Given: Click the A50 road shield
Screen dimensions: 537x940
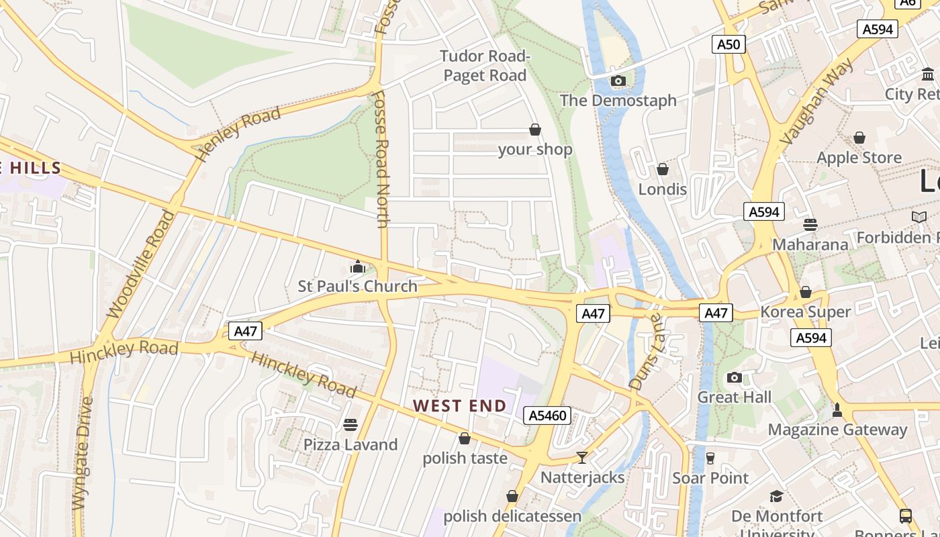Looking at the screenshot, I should coord(728,45).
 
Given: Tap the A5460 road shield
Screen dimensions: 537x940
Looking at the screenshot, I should coord(547,416).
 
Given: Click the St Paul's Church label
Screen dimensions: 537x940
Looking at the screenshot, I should coord(357,287).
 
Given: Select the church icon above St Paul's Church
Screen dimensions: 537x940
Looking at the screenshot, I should coord(357,267).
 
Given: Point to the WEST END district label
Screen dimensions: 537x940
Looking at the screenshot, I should coord(459,405).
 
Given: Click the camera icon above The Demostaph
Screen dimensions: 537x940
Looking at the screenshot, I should coord(618,81).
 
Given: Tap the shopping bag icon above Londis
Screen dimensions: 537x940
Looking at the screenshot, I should coord(663,169).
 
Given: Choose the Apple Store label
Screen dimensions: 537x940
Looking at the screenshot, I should coord(859,158).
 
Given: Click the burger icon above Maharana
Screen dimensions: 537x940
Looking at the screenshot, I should coord(810,224).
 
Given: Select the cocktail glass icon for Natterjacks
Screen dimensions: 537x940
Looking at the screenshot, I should coord(582,457).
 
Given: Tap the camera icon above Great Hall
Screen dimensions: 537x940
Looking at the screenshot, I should coord(735,377).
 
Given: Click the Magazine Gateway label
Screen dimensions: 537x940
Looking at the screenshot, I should coord(837,430).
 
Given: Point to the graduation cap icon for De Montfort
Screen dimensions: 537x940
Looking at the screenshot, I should coord(776,496).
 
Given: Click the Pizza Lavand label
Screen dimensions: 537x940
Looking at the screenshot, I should coord(350,444).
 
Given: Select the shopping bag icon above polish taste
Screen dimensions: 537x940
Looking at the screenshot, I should coord(464,438).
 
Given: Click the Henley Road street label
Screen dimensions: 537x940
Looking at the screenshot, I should coord(238,134).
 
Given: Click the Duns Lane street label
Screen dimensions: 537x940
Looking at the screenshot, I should coord(646,351).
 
